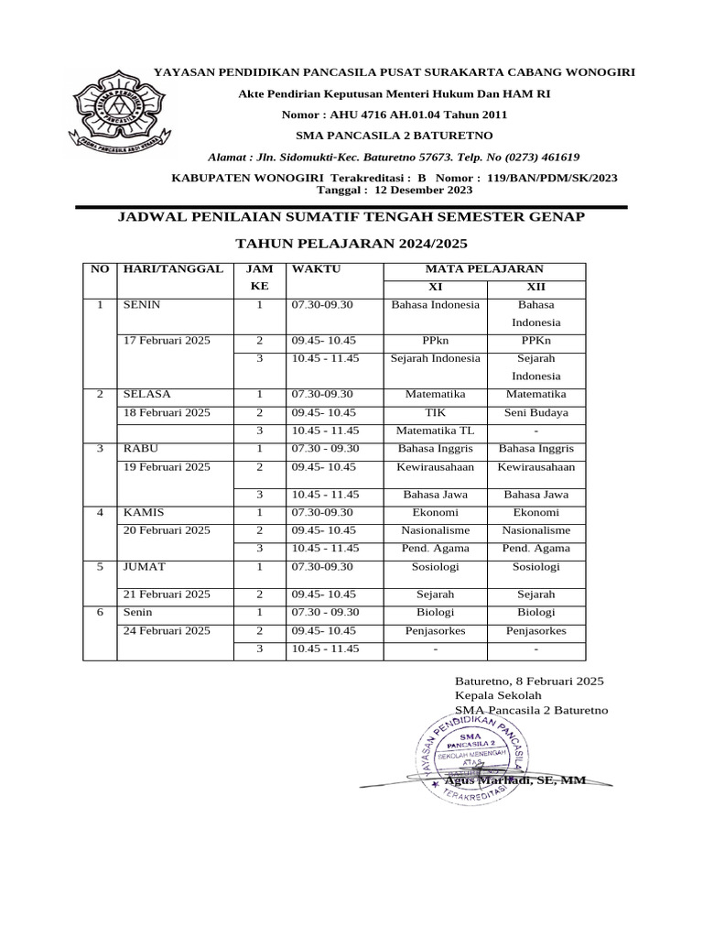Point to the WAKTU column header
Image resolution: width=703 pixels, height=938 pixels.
click(x=316, y=268)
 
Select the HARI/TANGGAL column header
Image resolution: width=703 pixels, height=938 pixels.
click(x=173, y=268)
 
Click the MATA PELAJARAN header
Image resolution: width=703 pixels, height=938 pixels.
click(x=484, y=268)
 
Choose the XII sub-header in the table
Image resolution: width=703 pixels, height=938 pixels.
click(x=535, y=287)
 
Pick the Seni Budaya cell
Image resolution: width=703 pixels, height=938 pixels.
click(x=535, y=412)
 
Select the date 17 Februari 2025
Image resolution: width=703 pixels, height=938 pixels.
click(x=167, y=340)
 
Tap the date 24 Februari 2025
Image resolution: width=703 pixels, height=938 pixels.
click(x=167, y=630)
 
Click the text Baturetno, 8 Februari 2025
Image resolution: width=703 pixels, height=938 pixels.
click(x=529, y=682)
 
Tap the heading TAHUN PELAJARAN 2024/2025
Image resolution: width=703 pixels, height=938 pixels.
click(x=351, y=244)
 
